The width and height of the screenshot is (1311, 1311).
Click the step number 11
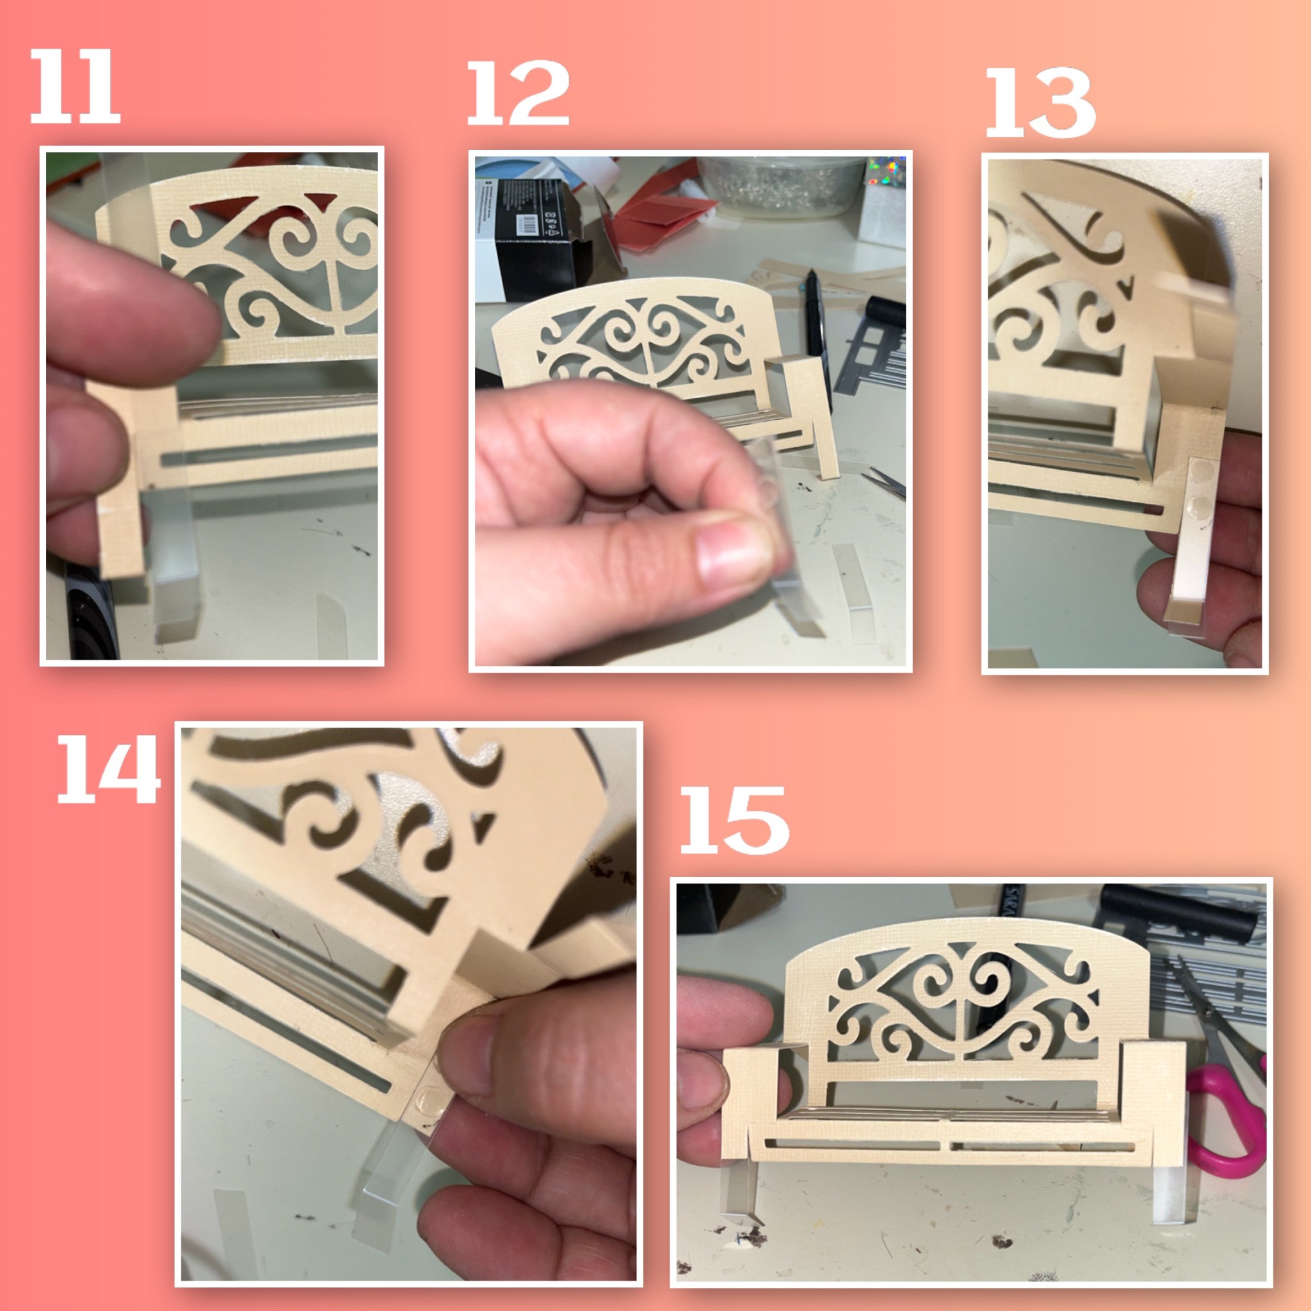tap(75, 87)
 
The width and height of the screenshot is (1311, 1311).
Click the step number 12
tap(518, 93)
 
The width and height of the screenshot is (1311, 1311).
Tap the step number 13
tap(1039, 103)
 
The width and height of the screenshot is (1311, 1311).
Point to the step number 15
tap(734, 821)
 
